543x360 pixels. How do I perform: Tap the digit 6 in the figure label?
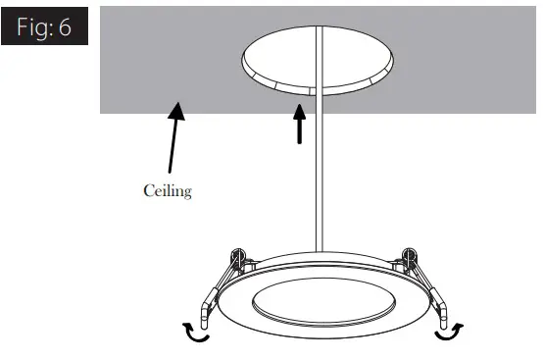pos(66,27)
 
